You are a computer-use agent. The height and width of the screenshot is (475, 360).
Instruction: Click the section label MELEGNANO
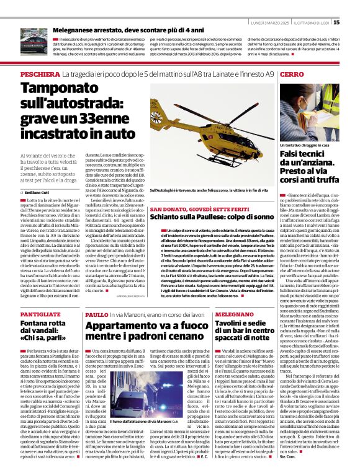[x=235, y=315]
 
